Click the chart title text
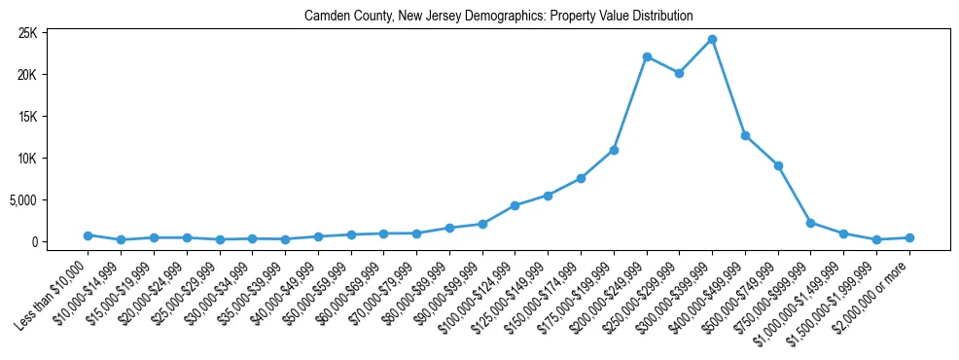tap(498, 16)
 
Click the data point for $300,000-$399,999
tap(712, 40)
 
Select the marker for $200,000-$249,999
tap(647, 57)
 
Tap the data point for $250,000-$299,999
tap(680, 73)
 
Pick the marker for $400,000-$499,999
tap(745, 136)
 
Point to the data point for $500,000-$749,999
tap(778, 166)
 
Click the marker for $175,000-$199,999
tap(614, 150)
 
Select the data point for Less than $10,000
tap(88, 235)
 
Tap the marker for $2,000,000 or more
tap(909, 237)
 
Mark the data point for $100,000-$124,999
tap(515, 205)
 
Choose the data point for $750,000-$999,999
tap(811, 223)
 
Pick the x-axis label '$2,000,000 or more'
tap(875, 289)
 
